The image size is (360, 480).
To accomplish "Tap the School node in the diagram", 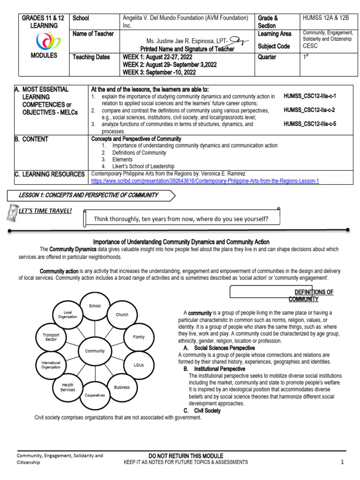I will pyautogui.click(x=95, y=306).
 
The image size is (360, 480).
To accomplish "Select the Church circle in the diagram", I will pyautogui.click(x=122, y=315).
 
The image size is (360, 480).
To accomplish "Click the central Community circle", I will pyautogui.click(x=95, y=351).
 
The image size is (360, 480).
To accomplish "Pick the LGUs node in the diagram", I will pyautogui.click(x=138, y=365).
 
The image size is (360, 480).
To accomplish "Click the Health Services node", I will pyautogui.click(x=67, y=387).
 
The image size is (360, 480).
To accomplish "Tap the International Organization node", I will pyautogui.click(x=51, y=365).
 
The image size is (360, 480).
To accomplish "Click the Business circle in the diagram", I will pyautogui.click(x=122, y=387).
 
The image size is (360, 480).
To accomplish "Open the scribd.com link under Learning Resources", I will pyautogui.click(x=205, y=181).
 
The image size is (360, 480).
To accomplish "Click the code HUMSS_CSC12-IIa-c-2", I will pyautogui.click(x=309, y=110).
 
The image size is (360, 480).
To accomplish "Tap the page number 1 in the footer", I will pyautogui.click(x=342, y=462).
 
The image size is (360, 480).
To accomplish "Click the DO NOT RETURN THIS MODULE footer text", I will pyautogui.click(x=186, y=456).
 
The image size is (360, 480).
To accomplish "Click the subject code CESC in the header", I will pyautogui.click(x=310, y=46).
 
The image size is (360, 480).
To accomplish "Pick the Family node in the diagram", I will pyautogui.click(x=138, y=337).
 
